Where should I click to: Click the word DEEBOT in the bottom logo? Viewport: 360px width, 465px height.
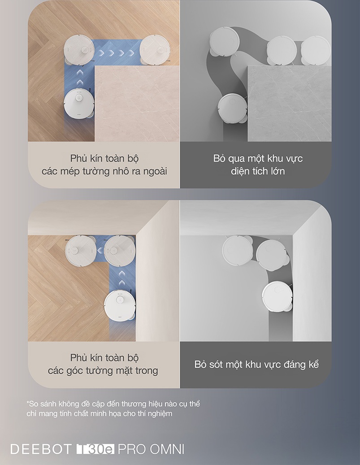[x=41, y=449]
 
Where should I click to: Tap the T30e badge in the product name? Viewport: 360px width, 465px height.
[x=95, y=449]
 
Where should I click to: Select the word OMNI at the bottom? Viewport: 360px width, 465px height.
[x=167, y=449]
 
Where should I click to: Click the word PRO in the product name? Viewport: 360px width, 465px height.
[x=132, y=449]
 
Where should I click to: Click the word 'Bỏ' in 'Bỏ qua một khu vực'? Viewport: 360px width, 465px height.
[x=218, y=158]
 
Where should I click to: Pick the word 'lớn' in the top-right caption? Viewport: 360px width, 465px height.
[x=278, y=171]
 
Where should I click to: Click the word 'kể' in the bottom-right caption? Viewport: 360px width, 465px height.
[x=313, y=364]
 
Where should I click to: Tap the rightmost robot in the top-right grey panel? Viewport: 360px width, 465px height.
[x=316, y=50]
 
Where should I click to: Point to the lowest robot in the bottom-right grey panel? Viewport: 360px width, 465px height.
[x=278, y=296]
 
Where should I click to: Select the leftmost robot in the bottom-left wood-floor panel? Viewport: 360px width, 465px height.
[x=81, y=250]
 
